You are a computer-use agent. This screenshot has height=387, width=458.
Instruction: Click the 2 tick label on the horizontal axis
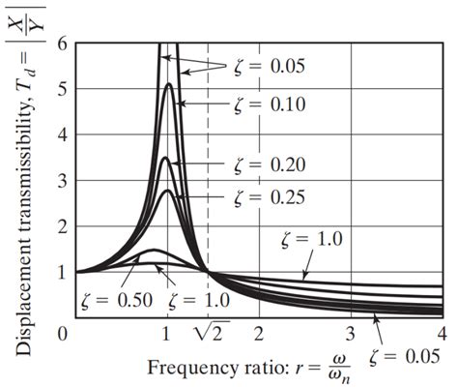[x=259, y=335]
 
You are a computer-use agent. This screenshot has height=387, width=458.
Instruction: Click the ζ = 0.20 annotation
[x=272, y=164]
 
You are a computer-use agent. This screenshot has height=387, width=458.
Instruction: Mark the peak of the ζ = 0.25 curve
[x=167, y=191]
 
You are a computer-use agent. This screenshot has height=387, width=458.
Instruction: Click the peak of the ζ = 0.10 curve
[x=168, y=84]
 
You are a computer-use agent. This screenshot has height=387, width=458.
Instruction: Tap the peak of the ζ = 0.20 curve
[x=166, y=158]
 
